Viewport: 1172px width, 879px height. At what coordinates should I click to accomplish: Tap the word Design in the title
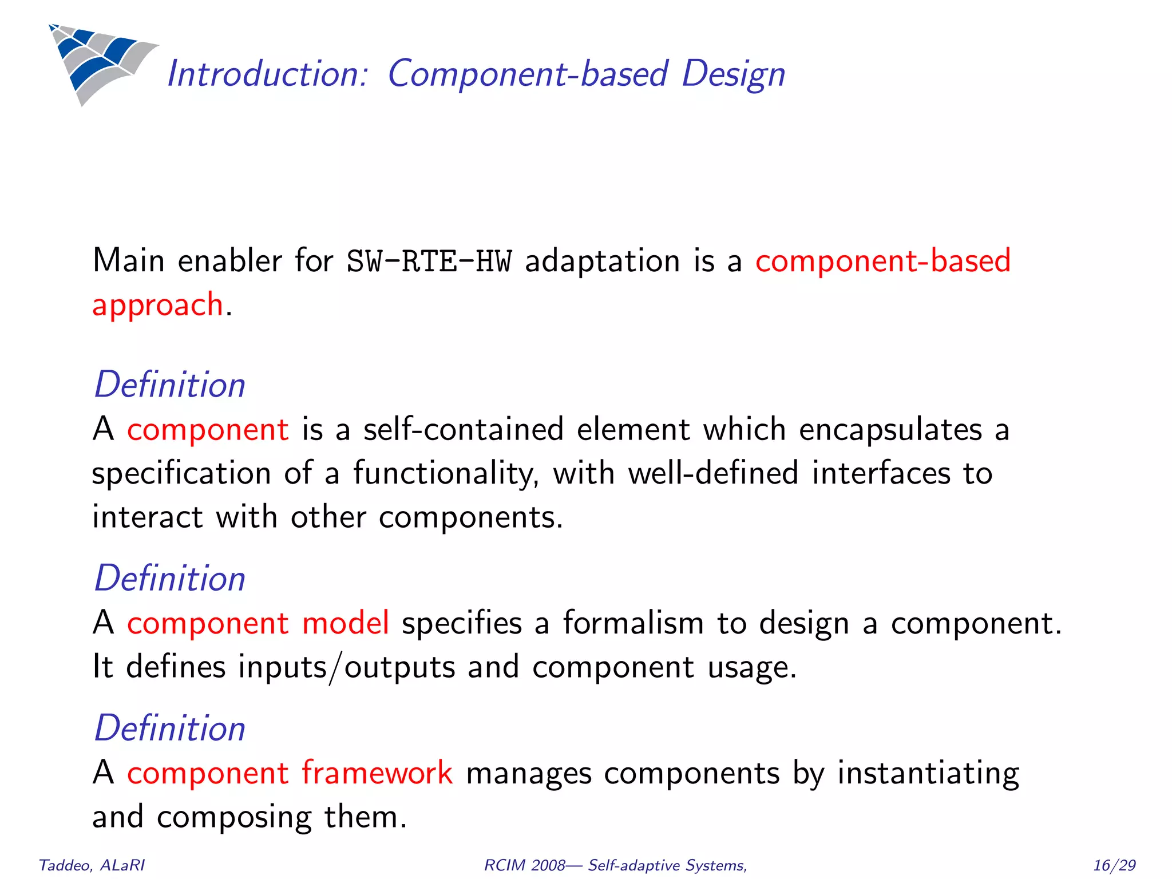(734, 74)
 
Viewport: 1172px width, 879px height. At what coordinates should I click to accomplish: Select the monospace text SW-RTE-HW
(429, 262)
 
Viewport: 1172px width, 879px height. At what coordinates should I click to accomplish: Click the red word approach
(158, 305)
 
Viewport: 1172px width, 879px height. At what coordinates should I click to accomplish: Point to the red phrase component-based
(882, 262)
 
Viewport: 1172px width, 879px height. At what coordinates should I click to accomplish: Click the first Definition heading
(170, 385)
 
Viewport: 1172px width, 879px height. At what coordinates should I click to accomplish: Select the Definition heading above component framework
(170, 728)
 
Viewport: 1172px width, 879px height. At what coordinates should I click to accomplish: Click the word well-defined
(713, 473)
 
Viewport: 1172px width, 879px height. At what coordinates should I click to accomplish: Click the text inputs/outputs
(347, 667)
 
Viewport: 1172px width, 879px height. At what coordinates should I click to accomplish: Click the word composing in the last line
(234, 817)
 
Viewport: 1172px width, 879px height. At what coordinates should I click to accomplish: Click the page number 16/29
(1114, 865)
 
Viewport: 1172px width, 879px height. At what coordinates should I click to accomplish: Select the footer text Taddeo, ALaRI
(92, 865)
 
